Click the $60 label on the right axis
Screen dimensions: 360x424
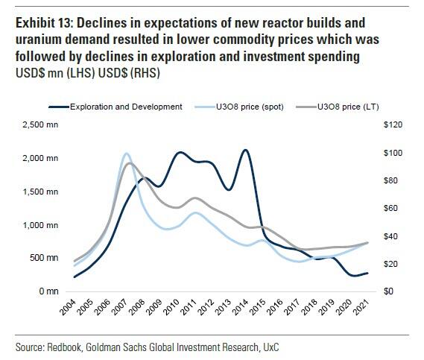tap(389, 208)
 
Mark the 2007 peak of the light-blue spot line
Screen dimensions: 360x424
tap(126, 154)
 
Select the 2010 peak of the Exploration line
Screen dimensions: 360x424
tap(180, 152)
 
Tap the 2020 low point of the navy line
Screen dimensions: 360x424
tap(350, 276)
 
